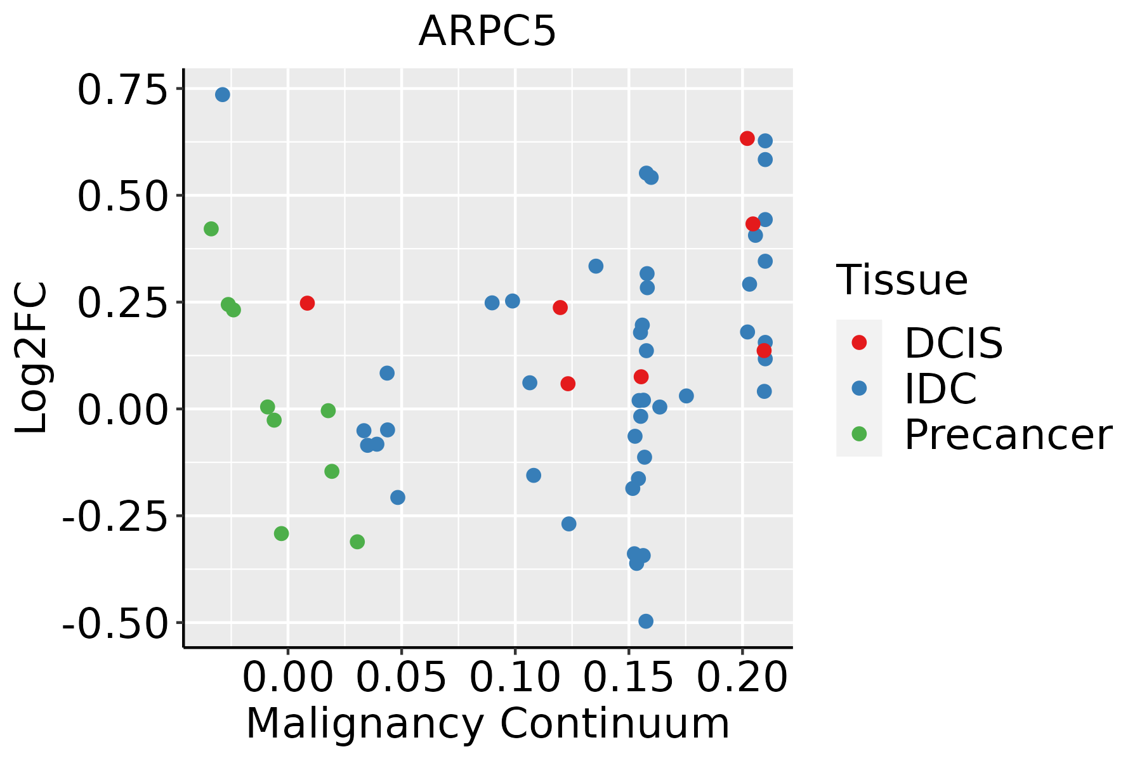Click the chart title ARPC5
[487, 31]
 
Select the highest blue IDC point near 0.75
[222, 94]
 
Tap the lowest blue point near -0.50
[645, 621]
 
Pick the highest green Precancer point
[211, 229]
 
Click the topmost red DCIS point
[747, 138]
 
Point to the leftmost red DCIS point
[307, 303]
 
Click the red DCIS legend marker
[859, 342]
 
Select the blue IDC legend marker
[859, 388]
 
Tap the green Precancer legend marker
[859, 434]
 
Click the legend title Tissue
[902, 280]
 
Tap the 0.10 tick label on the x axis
[515, 677]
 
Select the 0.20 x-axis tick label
[742, 677]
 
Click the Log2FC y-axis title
[32, 358]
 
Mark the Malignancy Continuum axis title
[487, 724]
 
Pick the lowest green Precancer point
[357, 542]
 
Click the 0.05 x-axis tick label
[401, 677]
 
